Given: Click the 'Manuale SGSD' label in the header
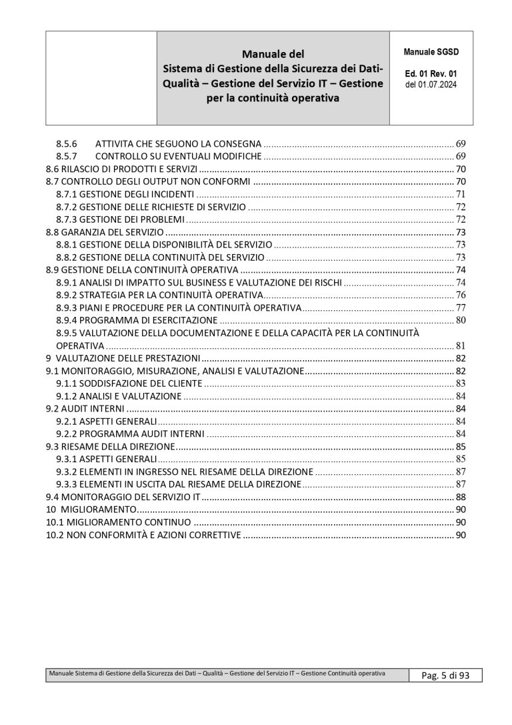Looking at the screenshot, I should coord(431,51).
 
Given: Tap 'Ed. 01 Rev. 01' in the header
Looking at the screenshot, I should coord(431,75).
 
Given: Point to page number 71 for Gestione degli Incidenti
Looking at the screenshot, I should coord(460,194).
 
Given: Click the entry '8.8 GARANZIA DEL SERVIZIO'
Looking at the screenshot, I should coord(104,232).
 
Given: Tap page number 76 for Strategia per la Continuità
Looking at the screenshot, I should coord(460,295).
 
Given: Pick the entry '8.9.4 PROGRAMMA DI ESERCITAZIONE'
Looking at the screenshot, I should coord(133,320).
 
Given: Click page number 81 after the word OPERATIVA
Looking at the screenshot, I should coord(460,345).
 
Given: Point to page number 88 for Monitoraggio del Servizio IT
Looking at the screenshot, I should coord(460,497).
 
